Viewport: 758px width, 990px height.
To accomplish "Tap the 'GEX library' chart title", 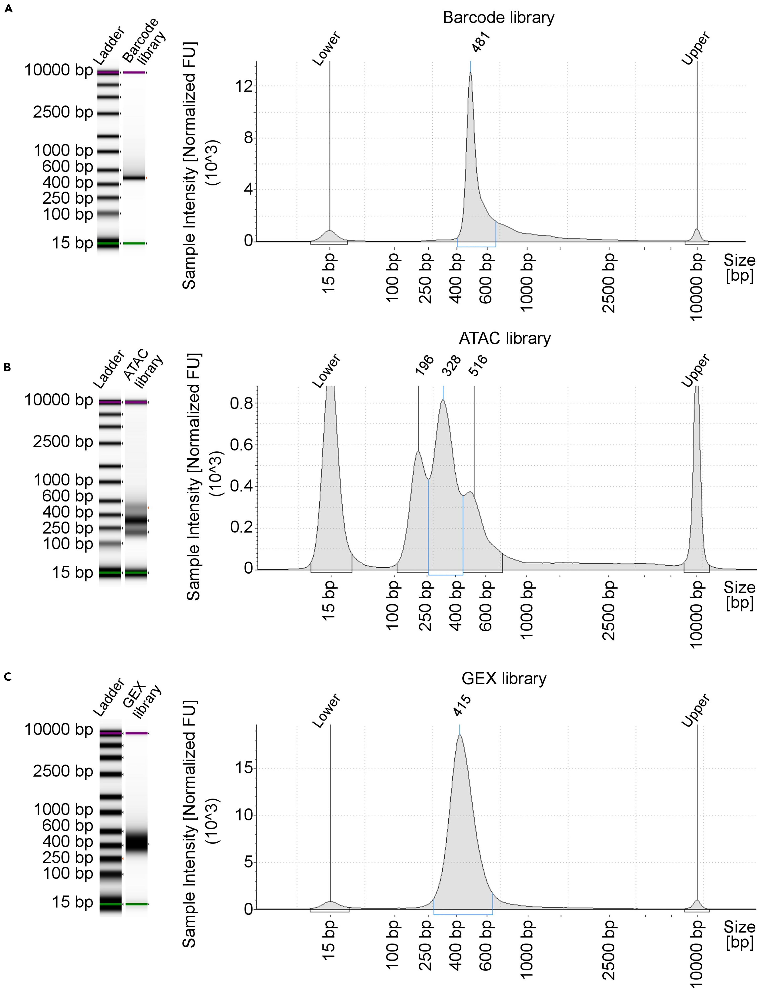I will (x=504, y=679).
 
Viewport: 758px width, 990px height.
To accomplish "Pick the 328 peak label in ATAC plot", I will (x=451, y=365).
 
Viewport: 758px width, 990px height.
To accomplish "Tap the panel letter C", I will (x=8, y=677).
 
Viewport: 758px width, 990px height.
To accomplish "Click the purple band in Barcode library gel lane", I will (x=134, y=72).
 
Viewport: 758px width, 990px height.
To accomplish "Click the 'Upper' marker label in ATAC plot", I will (x=696, y=371).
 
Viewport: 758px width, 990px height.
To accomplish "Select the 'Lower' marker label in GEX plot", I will (x=326, y=711).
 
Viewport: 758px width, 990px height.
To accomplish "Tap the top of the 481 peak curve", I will (x=471, y=73).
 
